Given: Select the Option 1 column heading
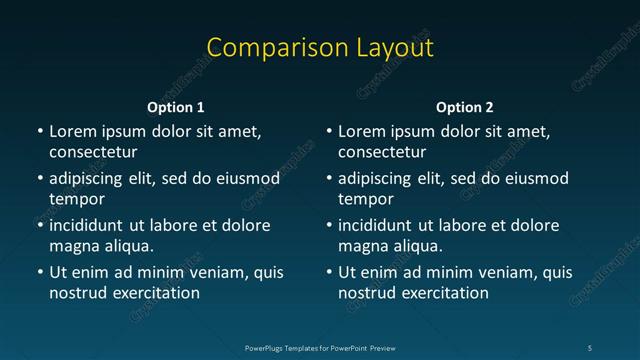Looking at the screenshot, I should [176, 106].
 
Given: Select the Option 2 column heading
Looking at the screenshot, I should [465, 106].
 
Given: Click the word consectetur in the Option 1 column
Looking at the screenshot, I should [93, 152].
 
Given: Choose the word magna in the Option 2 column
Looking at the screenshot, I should [362, 246].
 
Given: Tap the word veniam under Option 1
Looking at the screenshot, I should [206, 272].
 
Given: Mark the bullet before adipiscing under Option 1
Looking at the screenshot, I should [39, 180].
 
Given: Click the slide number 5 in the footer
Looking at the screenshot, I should [589, 347].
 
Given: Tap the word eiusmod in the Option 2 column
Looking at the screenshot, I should [534, 179].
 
